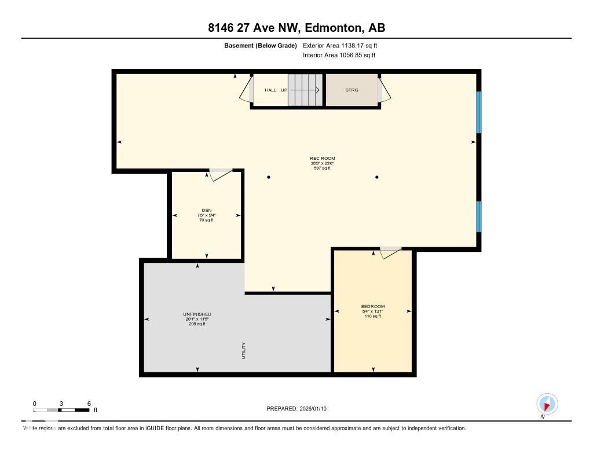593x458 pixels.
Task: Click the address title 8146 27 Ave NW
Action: tap(296, 27)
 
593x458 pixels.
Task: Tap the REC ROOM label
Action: tap(323, 158)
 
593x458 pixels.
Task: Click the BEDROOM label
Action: tap(372, 306)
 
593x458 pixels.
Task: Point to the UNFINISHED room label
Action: tap(197, 314)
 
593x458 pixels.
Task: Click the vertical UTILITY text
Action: tap(244, 350)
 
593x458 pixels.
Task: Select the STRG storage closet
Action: tap(352, 90)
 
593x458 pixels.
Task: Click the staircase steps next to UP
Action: tap(306, 90)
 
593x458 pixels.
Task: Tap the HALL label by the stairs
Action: tap(270, 90)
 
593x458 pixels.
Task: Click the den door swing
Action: tap(220, 175)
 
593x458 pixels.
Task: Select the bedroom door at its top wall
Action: tap(390, 252)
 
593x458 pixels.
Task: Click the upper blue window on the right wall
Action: tap(478, 112)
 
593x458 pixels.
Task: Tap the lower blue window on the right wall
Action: tap(478, 216)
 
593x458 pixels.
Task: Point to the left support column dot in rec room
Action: tap(269, 177)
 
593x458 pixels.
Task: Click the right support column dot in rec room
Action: tap(377, 177)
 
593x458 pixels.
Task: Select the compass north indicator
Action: tap(547, 404)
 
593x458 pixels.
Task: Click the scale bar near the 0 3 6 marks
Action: tap(61, 410)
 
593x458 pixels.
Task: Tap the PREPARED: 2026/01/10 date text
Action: tap(296, 409)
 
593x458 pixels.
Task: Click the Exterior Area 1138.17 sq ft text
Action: tap(340, 45)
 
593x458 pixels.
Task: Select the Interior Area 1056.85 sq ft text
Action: tap(339, 56)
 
